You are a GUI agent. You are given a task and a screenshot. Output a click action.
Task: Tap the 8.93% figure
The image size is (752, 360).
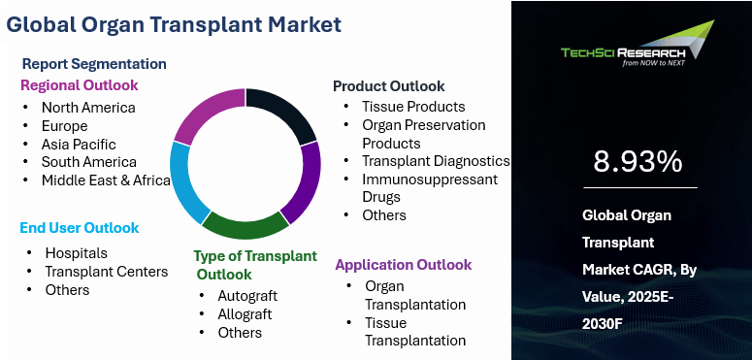[x=638, y=162]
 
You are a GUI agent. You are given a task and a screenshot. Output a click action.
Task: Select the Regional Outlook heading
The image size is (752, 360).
[x=80, y=85]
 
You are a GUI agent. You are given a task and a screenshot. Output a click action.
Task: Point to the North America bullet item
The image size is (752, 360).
[x=88, y=108]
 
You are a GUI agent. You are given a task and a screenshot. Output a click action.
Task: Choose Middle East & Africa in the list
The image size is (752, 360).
[x=106, y=180]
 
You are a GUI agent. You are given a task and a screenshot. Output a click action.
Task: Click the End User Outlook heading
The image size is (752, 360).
[x=80, y=228]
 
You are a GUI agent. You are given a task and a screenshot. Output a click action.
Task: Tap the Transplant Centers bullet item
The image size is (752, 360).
[x=107, y=272]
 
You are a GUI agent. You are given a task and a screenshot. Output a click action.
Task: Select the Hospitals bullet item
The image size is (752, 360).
[x=77, y=253]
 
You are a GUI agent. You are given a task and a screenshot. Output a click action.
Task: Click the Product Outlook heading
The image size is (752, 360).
[x=389, y=86]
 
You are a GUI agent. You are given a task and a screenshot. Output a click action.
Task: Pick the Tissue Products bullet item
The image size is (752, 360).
[x=413, y=107]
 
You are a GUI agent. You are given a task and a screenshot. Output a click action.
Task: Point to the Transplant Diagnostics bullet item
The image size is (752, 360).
[x=436, y=161]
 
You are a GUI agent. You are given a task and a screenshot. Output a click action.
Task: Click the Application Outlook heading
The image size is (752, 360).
[x=404, y=265]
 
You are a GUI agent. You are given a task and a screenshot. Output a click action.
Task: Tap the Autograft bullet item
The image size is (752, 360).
[x=247, y=296]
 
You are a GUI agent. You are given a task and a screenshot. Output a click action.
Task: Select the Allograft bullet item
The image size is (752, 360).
[x=245, y=314]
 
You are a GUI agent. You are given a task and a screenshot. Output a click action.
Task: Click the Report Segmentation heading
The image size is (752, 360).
[x=94, y=64]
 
